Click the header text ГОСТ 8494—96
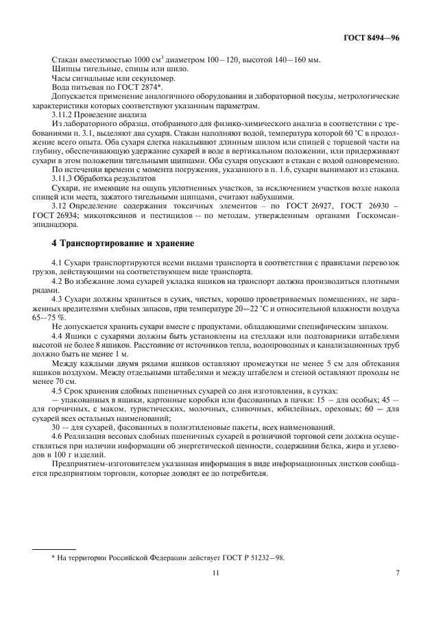pyautogui.click(x=376, y=39)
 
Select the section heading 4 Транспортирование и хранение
pyautogui.click(x=123, y=243)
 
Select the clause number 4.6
pyautogui.click(x=58, y=437)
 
